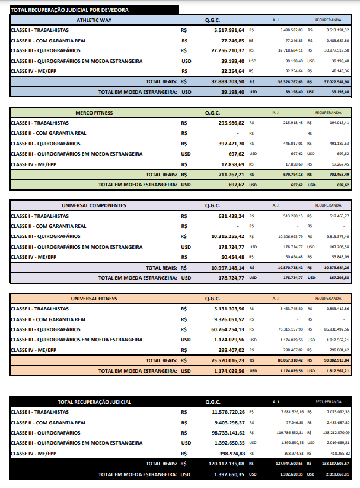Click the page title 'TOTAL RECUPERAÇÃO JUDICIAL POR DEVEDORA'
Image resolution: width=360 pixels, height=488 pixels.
pos(69,10)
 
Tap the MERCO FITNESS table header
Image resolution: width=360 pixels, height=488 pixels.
pos(94,112)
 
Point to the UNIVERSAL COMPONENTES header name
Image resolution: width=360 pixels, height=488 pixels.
pos(94,205)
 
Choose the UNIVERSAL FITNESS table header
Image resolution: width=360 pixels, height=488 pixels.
pos(94,298)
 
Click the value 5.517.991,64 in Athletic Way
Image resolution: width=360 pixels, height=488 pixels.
pos(228,30)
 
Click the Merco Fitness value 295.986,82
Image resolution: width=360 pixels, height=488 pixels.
pos(232,122)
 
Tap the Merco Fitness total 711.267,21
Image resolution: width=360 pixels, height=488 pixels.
pos(231,175)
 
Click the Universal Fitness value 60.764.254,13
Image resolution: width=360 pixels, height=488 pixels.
pos(228,329)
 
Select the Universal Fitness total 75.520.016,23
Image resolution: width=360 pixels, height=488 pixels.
pos(227,360)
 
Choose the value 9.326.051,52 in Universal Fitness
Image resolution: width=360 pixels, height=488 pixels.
pos(230,319)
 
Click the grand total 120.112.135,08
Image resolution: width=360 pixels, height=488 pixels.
pos(227,464)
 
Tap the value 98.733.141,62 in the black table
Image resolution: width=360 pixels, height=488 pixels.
pos(228,433)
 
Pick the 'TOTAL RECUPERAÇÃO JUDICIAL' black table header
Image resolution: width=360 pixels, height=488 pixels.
pos(95,402)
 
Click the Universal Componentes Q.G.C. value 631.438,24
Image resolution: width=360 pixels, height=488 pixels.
pos(232,216)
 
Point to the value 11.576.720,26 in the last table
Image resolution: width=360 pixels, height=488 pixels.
pos(228,411)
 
